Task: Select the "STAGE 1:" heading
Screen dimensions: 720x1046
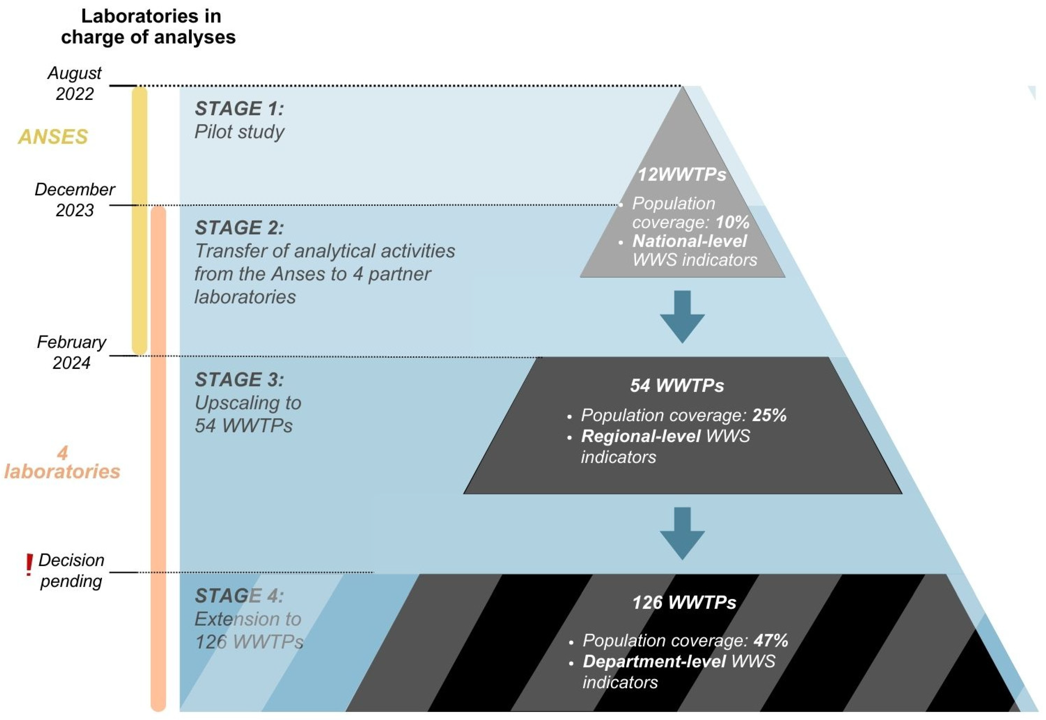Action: point(239,109)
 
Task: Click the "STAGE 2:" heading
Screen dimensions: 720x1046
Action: point(239,228)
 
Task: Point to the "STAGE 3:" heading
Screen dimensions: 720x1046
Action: point(239,380)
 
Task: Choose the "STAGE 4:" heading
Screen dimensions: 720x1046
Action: point(239,596)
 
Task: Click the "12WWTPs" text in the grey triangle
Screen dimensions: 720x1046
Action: point(682,174)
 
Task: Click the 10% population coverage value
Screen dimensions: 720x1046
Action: point(732,222)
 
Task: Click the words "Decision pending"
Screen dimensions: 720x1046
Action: point(71,571)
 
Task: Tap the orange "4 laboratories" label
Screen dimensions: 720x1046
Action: point(62,462)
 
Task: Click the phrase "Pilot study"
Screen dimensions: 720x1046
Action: point(239,132)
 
